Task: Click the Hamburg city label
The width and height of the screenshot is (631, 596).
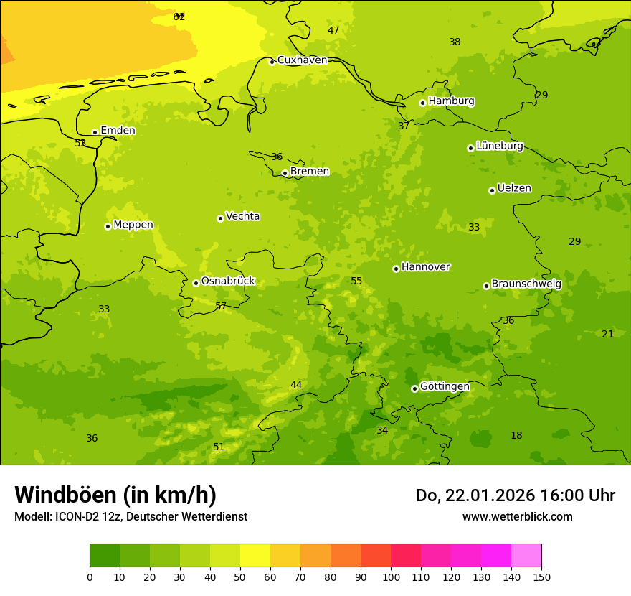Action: coord(451,101)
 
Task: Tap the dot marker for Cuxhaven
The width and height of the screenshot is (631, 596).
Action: coord(272,62)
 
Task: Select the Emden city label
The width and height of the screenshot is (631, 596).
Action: coord(118,131)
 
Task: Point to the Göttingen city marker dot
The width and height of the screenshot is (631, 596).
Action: coord(414,388)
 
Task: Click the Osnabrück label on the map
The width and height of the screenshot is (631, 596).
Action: coord(227,281)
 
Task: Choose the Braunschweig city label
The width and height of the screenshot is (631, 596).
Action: coord(526,284)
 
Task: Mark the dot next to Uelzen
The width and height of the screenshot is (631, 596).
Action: coord(492,190)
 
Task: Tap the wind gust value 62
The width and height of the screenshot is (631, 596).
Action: coord(179,17)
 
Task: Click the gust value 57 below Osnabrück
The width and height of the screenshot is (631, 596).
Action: coord(221,307)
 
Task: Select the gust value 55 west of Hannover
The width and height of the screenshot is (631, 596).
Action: coord(356,281)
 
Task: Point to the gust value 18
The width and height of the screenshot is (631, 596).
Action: coord(516,436)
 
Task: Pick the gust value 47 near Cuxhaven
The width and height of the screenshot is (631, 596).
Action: coord(333,30)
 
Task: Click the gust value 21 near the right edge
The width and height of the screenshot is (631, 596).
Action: coord(607,334)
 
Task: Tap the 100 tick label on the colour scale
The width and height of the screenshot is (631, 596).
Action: coord(391,577)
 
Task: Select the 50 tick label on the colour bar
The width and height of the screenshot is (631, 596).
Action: coord(240,577)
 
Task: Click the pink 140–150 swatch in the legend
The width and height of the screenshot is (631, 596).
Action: coord(526,556)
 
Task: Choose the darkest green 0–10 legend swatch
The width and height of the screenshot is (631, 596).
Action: coord(105,556)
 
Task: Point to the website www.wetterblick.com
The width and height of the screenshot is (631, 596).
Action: coord(517,517)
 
